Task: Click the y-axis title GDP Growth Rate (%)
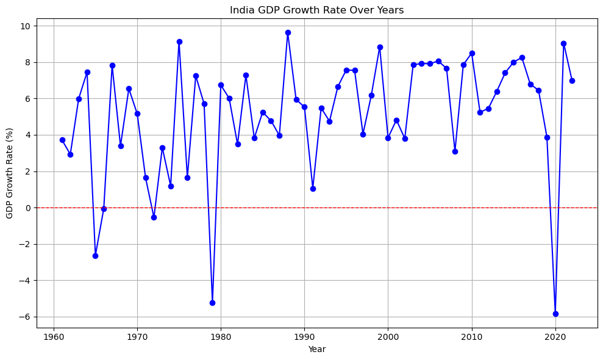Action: pos(10,174)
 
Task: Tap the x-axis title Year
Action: pos(317,349)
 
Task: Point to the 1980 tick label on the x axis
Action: pos(221,338)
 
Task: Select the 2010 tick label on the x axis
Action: pos(472,338)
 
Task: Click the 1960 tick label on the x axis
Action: pos(54,338)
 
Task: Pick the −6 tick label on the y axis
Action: pos(28,317)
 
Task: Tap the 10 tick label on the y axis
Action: pos(29,26)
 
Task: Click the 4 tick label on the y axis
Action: pos(31,135)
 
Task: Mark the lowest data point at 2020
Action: pos(555,314)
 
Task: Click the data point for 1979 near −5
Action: pos(212,303)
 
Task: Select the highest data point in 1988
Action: pos(288,33)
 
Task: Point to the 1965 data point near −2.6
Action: pos(95,256)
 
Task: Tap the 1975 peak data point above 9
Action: pos(179,41)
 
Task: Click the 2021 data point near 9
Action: pos(564,43)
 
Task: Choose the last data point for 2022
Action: pos(572,81)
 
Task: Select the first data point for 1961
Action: pos(62,140)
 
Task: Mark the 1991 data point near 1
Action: pos(313,189)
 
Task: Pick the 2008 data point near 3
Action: pos(455,151)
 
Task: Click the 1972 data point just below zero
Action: pos(154,217)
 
